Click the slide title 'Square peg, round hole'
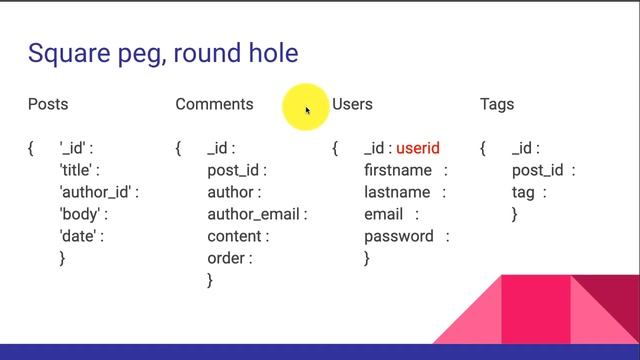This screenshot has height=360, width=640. [x=163, y=53]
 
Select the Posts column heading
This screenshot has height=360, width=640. [x=48, y=104]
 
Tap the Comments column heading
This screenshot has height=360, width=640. [x=214, y=104]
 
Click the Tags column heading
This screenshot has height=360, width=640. [x=497, y=104]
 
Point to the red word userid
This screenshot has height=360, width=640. [x=418, y=149]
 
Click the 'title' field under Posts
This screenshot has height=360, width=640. [x=79, y=171]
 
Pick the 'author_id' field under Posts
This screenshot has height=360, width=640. [x=97, y=193]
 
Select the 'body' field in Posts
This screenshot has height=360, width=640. [x=81, y=215]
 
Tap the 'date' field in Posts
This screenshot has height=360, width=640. [x=79, y=237]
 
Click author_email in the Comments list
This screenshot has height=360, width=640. [x=255, y=214]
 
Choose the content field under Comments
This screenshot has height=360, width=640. [x=236, y=236]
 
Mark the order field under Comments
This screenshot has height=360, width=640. [x=227, y=258]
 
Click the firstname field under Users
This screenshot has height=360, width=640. [x=398, y=171]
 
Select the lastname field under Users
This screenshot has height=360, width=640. [x=397, y=192]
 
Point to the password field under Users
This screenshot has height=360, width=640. [x=398, y=236]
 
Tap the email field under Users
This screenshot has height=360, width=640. [x=384, y=214]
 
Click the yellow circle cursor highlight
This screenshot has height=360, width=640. [x=305, y=108]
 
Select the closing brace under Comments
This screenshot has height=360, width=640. [x=210, y=281]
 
